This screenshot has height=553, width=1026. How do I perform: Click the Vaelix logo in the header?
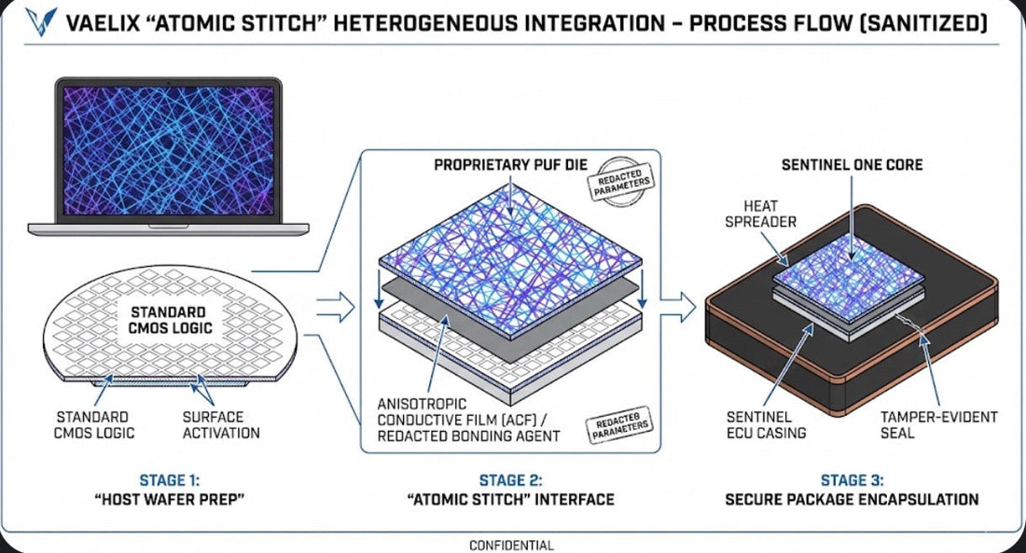point(41,21)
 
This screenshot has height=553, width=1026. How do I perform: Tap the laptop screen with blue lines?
point(168,150)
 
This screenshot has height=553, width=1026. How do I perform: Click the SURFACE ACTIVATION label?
point(221,424)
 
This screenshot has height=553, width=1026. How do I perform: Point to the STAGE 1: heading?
point(170,480)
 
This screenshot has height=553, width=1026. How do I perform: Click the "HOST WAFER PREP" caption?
point(170,500)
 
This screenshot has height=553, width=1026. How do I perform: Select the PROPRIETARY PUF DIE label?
point(510,164)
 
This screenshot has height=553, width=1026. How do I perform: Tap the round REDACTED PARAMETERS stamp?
point(620,181)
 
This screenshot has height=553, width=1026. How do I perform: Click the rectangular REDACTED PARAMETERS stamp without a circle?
point(619,424)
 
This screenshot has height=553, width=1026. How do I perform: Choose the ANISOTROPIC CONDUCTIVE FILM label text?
point(468,420)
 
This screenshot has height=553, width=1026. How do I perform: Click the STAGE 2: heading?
point(510,480)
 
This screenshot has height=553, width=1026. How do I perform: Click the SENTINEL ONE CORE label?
point(852,164)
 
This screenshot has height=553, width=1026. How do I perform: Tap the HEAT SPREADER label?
point(760,214)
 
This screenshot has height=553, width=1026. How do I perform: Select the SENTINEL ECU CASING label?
point(766,424)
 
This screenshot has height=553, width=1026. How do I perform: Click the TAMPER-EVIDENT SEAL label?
point(938,424)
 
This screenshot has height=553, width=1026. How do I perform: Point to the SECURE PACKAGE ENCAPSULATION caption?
point(852,499)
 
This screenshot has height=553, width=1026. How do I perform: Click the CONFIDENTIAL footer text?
point(512,546)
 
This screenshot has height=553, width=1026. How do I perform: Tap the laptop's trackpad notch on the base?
point(168,227)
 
